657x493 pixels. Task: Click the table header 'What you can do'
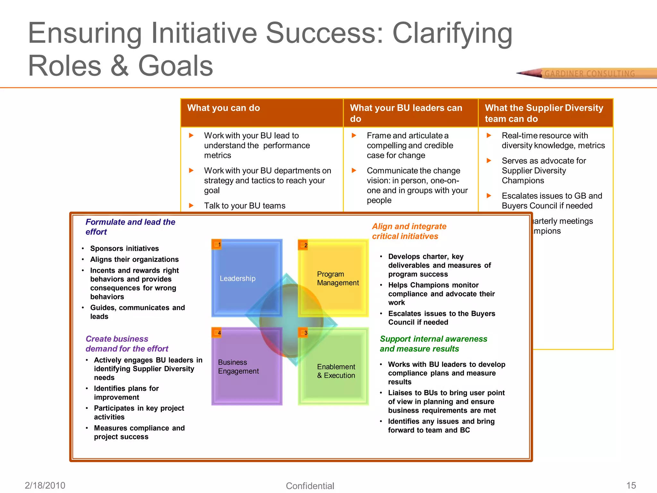pyautogui.click(x=224, y=108)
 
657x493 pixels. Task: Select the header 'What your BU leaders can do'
pyautogui.click(x=406, y=113)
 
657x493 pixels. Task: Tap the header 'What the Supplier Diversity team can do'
pyautogui.click(x=544, y=113)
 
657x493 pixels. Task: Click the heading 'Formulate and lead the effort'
pyautogui.click(x=130, y=227)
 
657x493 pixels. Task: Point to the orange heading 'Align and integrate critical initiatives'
pyautogui.click(x=409, y=231)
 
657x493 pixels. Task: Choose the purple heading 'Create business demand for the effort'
pyautogui.click(x=127, y=344)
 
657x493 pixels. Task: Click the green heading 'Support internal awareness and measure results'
pyautogui.click(x=433, y=344)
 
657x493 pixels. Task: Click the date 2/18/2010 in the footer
pyautogui.click(x=45, y=485)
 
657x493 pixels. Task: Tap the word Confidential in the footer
pyautogui.click(x=310, y=486)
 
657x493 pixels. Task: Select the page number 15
pyautogui.click(x=631, y=485)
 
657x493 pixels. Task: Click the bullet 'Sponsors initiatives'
pyautogui.click(x=124, y=248)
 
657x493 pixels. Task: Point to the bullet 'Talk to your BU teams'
pyautogui.click(x=244, y=206)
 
